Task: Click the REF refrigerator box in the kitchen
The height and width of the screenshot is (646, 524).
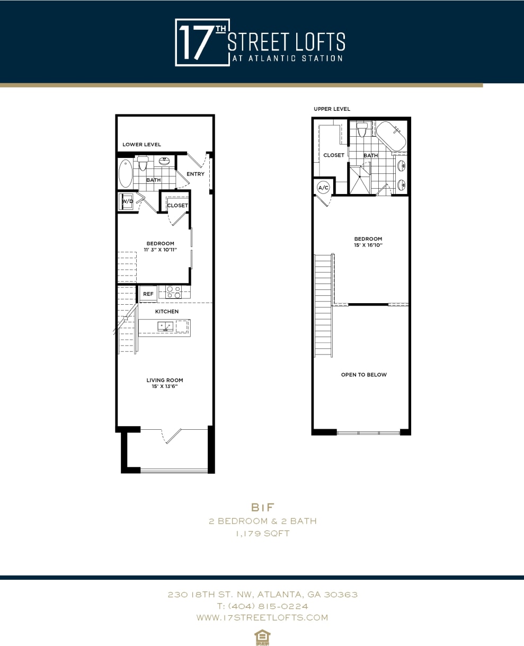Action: [148, 294]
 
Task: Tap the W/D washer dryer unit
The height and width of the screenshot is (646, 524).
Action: [127, 202]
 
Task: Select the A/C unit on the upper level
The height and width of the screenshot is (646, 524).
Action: [323, 188]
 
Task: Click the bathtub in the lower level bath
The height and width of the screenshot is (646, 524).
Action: [126, 173]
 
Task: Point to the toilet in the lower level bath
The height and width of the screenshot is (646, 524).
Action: [143, 163]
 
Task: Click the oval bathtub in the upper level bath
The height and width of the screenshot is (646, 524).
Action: [390, 136]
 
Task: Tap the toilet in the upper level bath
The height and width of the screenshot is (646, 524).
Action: [362, 129]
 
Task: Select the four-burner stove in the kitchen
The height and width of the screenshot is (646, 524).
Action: [174, 292]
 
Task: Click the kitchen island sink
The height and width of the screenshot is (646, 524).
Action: [165, 326]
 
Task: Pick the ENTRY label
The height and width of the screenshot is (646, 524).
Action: [196, 174]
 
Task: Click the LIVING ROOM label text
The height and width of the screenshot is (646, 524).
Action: [165, 380]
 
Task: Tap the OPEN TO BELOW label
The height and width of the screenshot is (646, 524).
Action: [363, 375]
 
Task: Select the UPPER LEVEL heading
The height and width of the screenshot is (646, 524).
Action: [332, 109]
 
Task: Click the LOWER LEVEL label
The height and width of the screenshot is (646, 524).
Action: [141, 145]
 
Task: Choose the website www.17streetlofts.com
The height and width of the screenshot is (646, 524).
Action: [262, 617]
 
